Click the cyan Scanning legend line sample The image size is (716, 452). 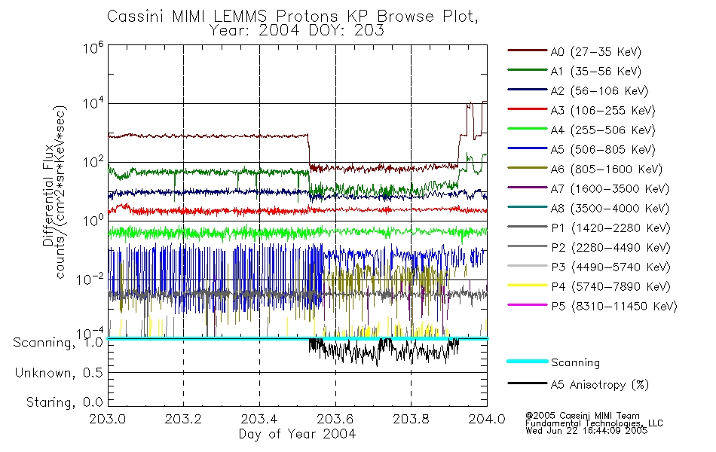(x=526, y=362)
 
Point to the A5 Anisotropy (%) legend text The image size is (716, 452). (x=599, y=384)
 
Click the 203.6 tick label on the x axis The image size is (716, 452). (x=335, y=420)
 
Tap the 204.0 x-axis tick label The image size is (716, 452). (x=487, y=420)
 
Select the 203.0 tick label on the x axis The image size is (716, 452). (x=109, y=420)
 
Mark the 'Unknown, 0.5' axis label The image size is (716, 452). (x=59, y=372)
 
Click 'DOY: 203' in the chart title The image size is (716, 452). (x=353, y=31)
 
